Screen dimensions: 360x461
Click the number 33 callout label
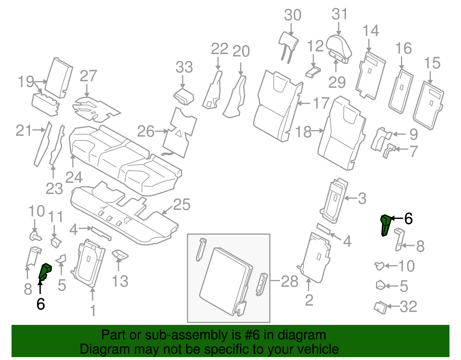pyautogui.click(x=184, y=67)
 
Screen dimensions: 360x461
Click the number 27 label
pyautogui.click(x=88, y=76)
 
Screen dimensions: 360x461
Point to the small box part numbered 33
pyautogui.click(x=184, y=96)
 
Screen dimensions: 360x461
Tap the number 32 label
pyautogui.click(x=408, y=307)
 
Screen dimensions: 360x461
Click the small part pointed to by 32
pyautogui.click(x=380, y=307)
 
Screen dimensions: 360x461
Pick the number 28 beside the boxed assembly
pyautogui.click(x=289, y=281)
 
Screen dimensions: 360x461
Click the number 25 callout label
pyautogui.click(x=182, y=205)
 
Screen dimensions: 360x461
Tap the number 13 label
pyautogui.click(x=120, y=281)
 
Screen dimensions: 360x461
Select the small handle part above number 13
pyautogui.click(x=120, y=254)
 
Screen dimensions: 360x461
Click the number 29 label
pyautogui.click(x=337, y=83)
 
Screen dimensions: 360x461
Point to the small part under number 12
pyautogui.click(x=313, y=72)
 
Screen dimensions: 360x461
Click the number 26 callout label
pyautogui.click(x=146, y=132)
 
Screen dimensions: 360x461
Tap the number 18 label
pyautogui.click(x=303, y=132)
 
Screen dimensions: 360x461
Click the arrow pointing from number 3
pyautogui.click(x=350, y=198)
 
